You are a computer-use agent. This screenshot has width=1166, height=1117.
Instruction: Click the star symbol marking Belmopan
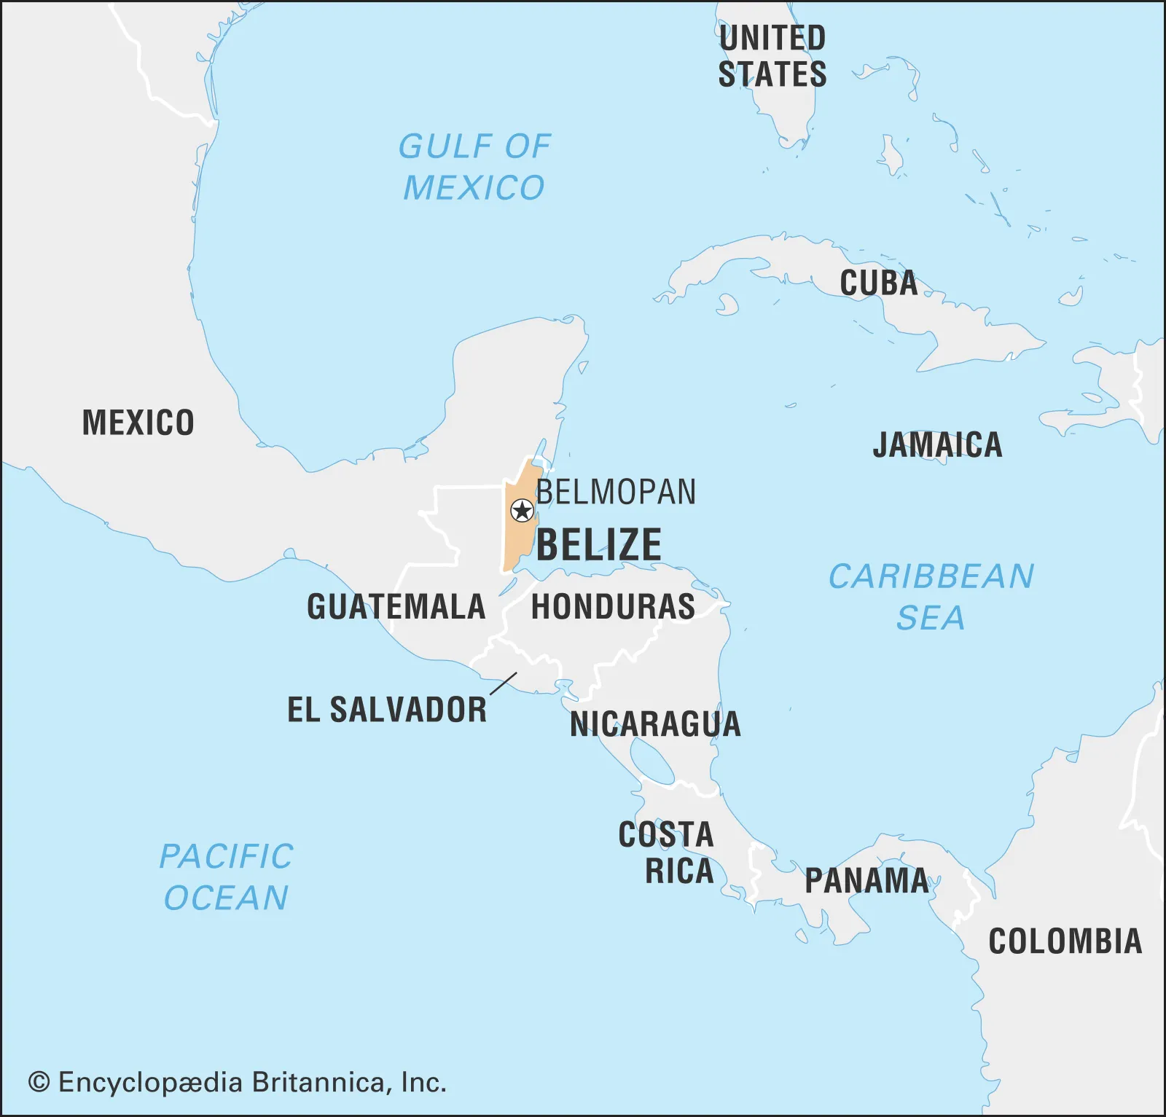pos(522,511)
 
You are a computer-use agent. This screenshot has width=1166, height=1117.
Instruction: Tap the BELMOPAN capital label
pos(616,493)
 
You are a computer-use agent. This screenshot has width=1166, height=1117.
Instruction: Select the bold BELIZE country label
pos(599,545)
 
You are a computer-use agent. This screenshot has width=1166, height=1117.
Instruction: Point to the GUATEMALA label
pos(396,607)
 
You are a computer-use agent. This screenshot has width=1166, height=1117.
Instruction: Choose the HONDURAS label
pos(613,607)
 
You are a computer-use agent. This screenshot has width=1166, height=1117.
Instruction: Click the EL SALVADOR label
pos(387,710)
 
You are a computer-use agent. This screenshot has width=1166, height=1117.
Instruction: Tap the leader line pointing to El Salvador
pos(503,683)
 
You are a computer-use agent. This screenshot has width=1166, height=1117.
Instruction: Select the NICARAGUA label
pos(655,724)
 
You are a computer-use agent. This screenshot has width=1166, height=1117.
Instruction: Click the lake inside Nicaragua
pos(652,761)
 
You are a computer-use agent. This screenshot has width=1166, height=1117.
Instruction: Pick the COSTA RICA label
pos(667,853)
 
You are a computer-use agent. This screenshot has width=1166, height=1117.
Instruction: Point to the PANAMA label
pos(866,881)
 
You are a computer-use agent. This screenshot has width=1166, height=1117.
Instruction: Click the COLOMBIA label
pos(1065,941)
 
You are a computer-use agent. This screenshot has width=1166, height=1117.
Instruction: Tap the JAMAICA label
pos(937,445)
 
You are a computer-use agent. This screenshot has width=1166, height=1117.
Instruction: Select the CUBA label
pos(878,283)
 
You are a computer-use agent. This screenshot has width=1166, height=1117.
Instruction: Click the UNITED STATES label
pos(772,56)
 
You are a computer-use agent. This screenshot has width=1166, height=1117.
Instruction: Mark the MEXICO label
pos(138,423)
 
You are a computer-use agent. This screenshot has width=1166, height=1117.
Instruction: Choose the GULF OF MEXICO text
pos(474,168)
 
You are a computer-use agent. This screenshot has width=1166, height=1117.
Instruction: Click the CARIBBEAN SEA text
pos(931,597)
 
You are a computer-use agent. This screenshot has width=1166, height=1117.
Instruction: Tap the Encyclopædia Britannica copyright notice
pos(237,1083)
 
